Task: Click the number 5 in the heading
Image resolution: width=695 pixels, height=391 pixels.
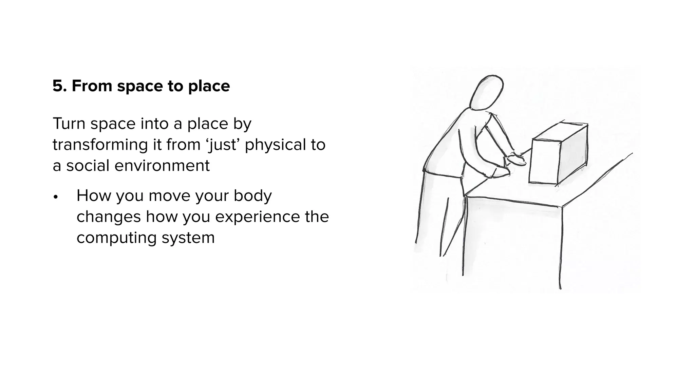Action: coord(58,86)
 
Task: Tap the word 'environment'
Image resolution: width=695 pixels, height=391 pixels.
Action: coord(162,166)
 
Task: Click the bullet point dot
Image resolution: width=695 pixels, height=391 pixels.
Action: coord(56,197)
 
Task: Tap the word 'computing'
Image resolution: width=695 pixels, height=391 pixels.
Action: coord(116,238)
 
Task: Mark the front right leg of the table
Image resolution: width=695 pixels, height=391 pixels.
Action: coord(560,248)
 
